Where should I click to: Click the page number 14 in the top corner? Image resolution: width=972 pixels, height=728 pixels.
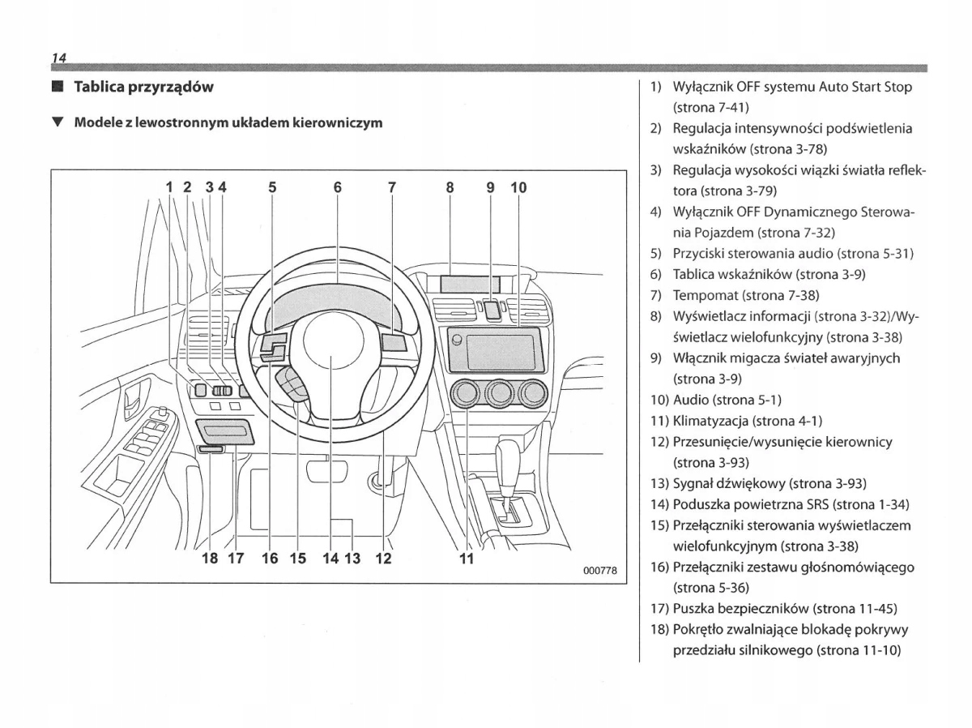pyautogui.click(x=58, y=58)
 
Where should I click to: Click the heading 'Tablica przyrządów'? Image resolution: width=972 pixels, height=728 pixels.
pyautogui.click(x=143, y=87)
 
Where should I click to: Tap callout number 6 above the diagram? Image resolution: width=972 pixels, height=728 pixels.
pyautogui.click(x=338, y=187)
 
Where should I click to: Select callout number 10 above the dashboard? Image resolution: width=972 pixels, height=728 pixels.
pyautogui.click(x=518, y=187)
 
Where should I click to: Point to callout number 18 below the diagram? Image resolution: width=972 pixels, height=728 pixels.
pyautogui.click(x=209, y=558)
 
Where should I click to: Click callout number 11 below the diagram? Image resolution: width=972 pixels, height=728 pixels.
pyautogui.click(x=466, y=558)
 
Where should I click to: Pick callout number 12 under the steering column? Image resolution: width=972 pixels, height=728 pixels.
pyautogui.click(x=383, y=558)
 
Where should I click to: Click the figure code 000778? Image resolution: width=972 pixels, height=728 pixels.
pyautogui.click(x=600, y=571)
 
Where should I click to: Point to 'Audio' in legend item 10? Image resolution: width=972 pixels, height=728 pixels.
pyautogui.click(x=690, y=400)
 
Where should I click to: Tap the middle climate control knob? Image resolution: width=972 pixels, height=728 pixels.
pyautogui.click(x=501, y=395)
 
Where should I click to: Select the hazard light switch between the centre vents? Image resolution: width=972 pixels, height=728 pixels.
pyautogui.click(x=492, y=308)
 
